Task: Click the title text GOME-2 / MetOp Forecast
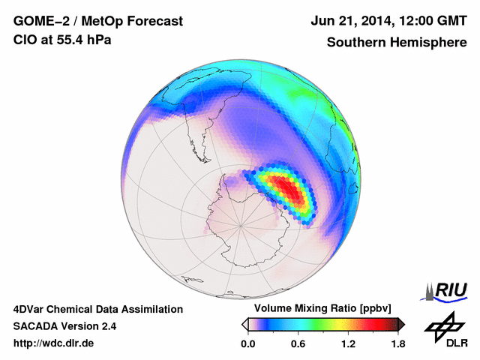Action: tap(97, 22)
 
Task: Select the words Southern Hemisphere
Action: tap(396, 43)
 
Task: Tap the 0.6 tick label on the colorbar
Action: tap(298, 344)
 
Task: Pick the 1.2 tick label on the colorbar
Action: tap(348, 344)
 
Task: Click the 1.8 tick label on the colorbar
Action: tap(398, 344)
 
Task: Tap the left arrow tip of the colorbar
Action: tap(244, 324)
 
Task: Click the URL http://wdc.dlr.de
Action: tap(54, 343)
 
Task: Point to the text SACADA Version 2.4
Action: tap(64, 326)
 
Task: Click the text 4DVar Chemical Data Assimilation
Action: tap(98, 309)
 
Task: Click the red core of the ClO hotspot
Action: tap(289, 191)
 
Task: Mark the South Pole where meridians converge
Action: tap(240, 224)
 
